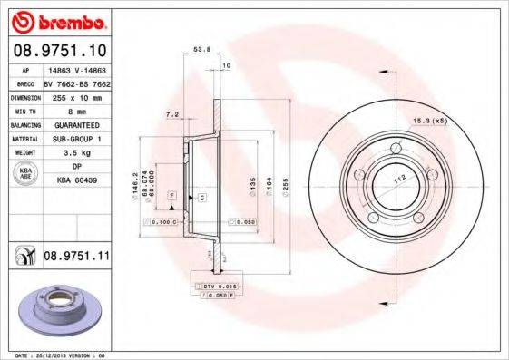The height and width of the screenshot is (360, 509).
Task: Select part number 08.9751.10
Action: [x=59, y=51]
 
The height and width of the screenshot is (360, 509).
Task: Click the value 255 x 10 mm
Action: [x=76, y=95]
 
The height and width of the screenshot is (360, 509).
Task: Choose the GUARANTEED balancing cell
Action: [x=76, y=124]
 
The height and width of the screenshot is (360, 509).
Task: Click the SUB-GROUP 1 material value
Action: [x=76, y=139]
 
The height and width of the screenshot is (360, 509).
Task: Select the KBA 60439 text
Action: [x=76, y=181]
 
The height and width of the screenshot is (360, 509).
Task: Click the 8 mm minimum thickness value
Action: [x=76, y=110]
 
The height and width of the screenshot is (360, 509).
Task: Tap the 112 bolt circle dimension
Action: [x=396, y=179]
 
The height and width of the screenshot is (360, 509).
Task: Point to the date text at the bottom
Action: [x=57, y=355]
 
